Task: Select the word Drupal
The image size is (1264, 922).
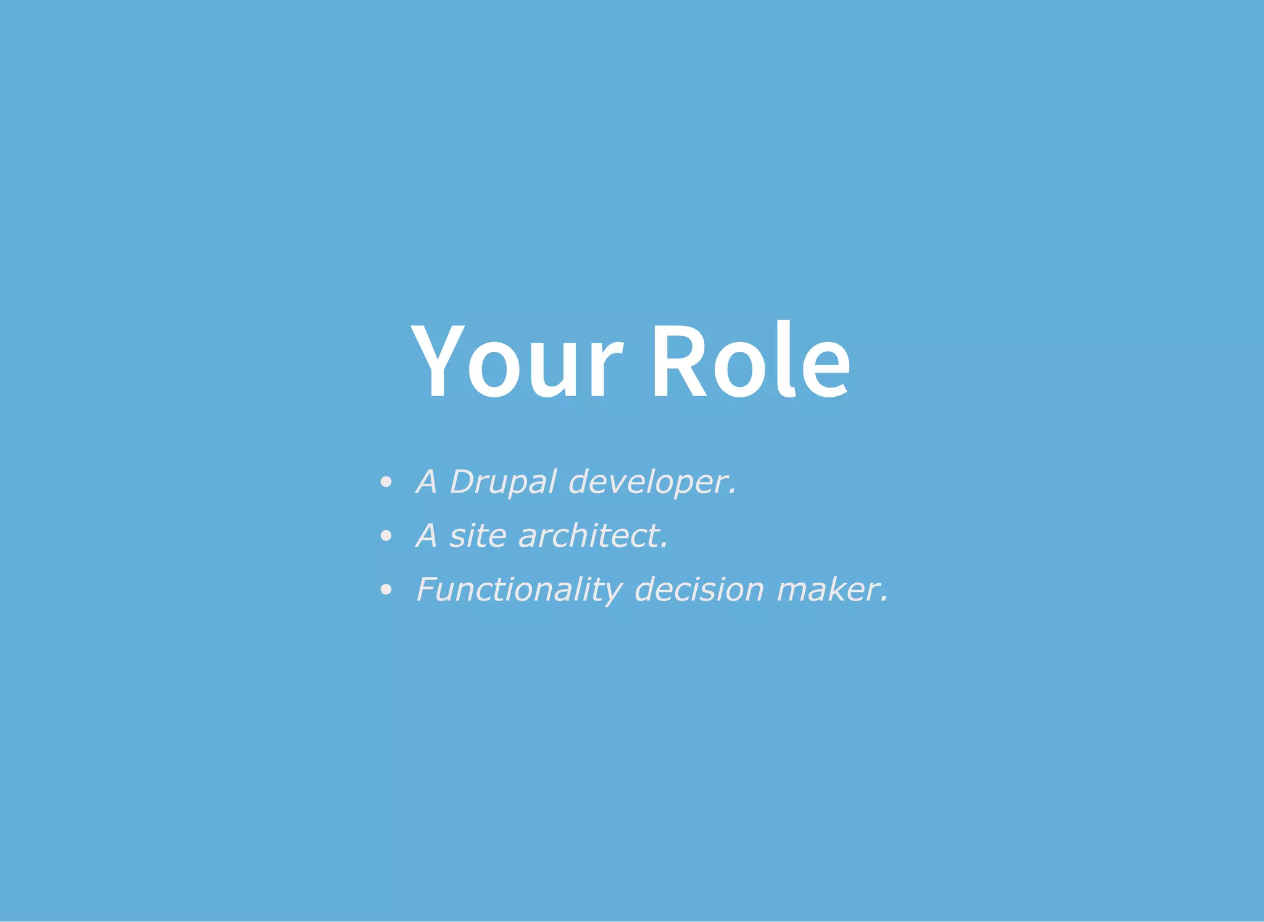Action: pyautogui.click(x=503, y=482)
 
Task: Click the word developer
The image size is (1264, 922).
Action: pyautogui.click(x=648, y=482)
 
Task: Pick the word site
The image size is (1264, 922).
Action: pyautogui.click(x=478, y=536)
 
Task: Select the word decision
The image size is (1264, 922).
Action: pyautogui.click(x=699, y=590)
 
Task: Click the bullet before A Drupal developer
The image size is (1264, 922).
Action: pyautogui.click(x=386, y=483)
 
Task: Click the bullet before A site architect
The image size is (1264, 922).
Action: pyautogui.click(x=386, y=536)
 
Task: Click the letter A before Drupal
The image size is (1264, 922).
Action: pyautogui.click(x=427, y=482)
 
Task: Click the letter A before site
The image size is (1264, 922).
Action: pyautogui.click(x=427, y=536)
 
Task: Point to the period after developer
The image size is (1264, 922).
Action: pyautogui.click(x=733, y=492)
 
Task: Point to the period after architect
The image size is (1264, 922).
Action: pyautogui.click(x=665, y=546)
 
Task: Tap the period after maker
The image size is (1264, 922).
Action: pyautogui.click(x=884, y=600)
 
